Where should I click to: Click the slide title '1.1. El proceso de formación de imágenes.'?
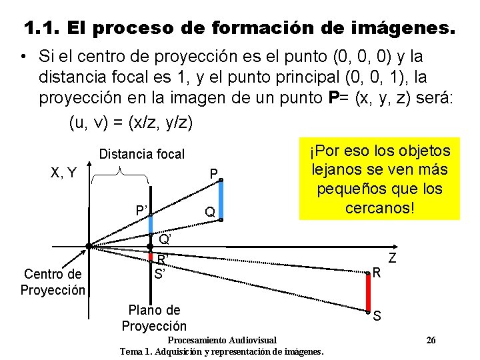tap(240, 29)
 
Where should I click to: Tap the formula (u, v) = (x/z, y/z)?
tap(131, 123)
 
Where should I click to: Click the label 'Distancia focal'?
tap(141, 154)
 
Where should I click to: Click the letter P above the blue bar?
tap(213, 175)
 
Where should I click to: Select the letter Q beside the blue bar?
tap(209, 213)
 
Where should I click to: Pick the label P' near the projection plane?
tap(142, 211)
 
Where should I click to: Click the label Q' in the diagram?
tap(165, 239)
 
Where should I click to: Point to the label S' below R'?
tap(159, 273)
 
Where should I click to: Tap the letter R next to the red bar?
tap(377, 272)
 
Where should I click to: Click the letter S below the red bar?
tap(377, 316)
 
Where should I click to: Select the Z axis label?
tap(393, 257)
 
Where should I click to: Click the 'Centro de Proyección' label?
tap(53, 281)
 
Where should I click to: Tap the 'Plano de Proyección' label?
tap(154, 318)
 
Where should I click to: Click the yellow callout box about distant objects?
tap(379, 179)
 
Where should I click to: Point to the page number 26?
tap(431, 341)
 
